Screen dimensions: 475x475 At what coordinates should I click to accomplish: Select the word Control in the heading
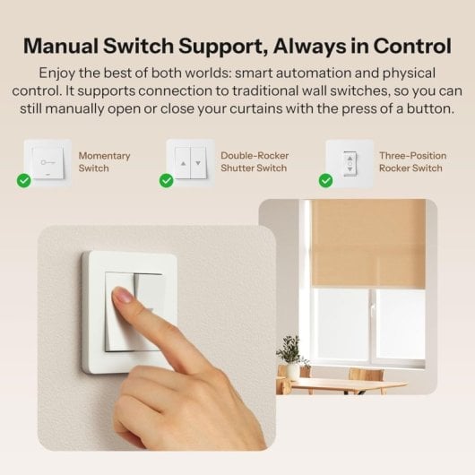point(409,45)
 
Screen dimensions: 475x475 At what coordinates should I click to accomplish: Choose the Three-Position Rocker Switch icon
point(349,161)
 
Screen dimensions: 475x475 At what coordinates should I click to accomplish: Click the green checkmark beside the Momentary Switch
point(24,180)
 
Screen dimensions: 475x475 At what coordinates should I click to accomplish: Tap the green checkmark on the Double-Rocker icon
point(167,180)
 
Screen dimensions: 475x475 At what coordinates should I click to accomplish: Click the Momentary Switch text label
point(104,161)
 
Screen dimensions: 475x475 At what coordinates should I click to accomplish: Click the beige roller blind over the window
point(367,242)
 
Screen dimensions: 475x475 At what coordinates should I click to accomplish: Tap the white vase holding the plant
point(291,370)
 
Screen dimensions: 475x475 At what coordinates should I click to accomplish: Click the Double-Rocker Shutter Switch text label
point(255,161)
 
